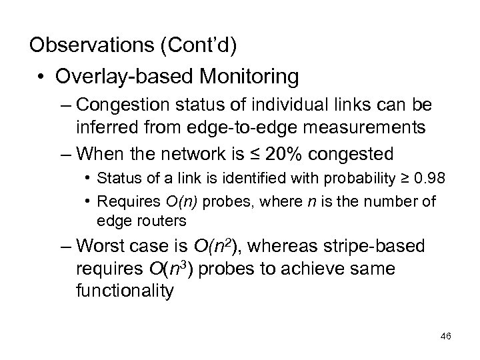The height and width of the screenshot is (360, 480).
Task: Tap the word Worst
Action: pyautogui.click(x=103, y=246)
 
